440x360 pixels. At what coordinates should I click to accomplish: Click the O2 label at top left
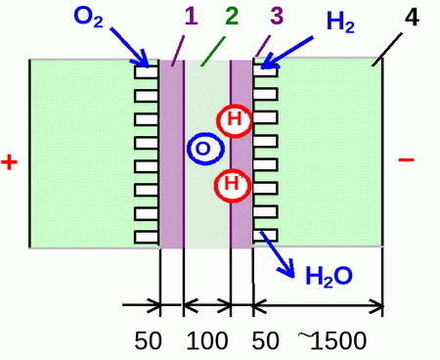[89, 17]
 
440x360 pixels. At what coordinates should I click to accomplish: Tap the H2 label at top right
[340, 22]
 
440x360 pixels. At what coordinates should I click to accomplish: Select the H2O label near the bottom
[329, 276]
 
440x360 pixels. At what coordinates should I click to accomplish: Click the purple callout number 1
[191, 16]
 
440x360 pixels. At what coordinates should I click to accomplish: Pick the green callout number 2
[232, 16]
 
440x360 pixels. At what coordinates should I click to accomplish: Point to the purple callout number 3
[277, 16]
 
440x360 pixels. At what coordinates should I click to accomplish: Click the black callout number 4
[412, 17]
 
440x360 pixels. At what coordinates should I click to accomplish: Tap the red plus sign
[9, 162]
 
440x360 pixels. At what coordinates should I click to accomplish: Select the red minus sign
[406, 159]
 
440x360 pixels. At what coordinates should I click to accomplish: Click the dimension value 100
[207, 340]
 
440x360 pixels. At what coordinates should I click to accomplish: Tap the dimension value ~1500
[332, 340]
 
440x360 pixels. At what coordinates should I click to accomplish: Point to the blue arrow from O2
[129, 47]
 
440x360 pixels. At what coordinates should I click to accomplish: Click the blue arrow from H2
[286, 53]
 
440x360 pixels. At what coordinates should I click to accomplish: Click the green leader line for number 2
[213, 51]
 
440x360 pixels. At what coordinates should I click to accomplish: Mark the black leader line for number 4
[386, 50]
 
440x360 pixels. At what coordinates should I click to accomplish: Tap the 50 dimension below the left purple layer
[148, 340]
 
